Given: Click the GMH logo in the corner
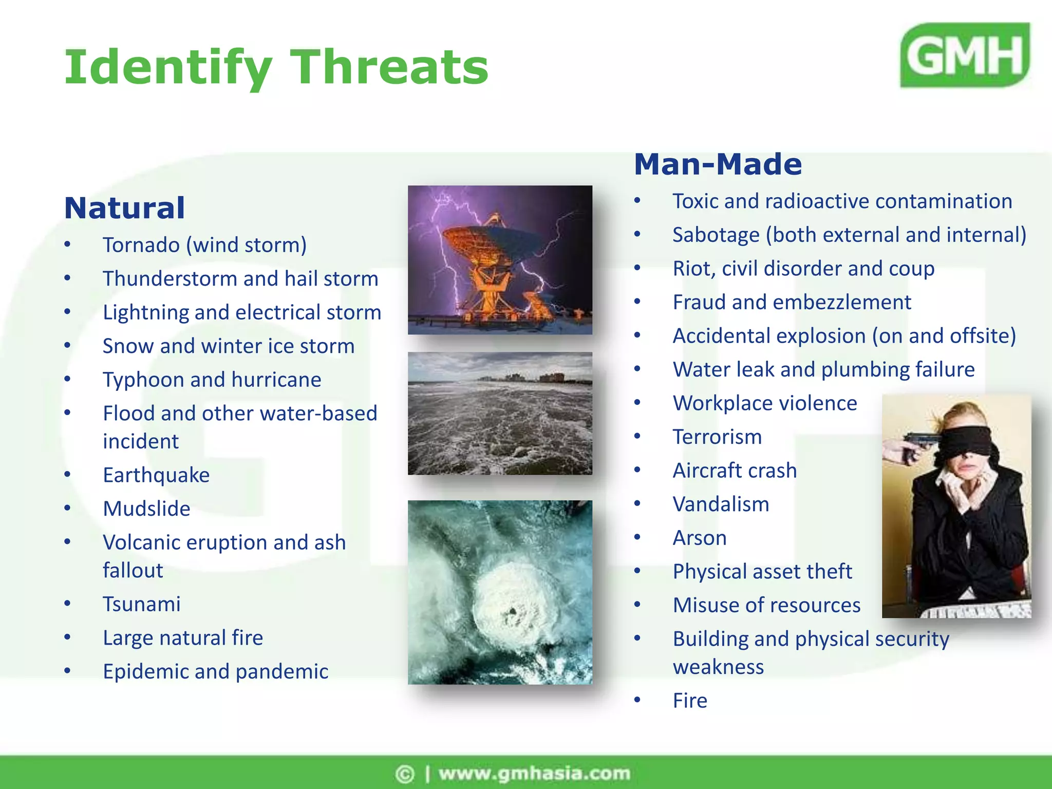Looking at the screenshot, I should pyautogui.click(x=965, y=55).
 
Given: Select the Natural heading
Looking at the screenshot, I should pyautogui.click(x=124, y=208).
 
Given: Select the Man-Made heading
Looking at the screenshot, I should pyautogui.click(x=718, y=164).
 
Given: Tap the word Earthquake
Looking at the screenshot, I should pyautogui.click(x=156, y=475).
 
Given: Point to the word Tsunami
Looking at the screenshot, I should pyautogui.click(x=142, y=604).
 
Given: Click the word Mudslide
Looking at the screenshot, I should pyautogui.click(x=146, y=509).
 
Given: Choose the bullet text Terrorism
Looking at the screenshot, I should pyautogui.click(x=717, y=437).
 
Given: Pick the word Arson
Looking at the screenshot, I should pyautogui.click(x=700, y=538).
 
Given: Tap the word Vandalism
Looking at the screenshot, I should pyautogui.click(x=721, y=504).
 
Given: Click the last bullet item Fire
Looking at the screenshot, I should pyautogui.click(x=690, y=701).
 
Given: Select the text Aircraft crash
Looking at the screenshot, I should pyautogui.click(x=735, y=471).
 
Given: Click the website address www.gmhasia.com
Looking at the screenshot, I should pyautogui.click(x=534, y=774).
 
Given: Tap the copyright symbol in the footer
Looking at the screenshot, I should pyautogui.click(x=405, y=774).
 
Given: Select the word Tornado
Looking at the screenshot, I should pyautogui.click(x=141, y=245).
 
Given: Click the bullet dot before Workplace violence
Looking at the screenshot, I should pyautogui.click(x=637, y=403).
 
